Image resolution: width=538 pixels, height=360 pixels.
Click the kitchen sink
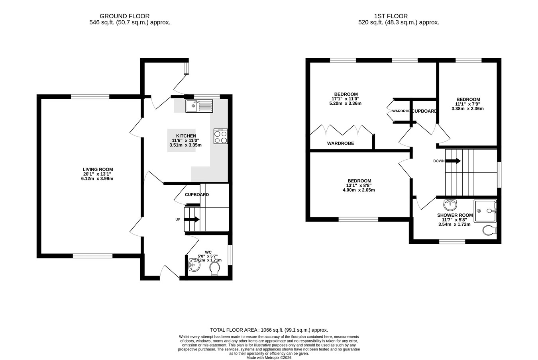199,106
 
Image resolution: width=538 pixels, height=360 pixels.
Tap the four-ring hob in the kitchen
220,136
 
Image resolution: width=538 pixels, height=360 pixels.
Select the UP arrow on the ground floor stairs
192,219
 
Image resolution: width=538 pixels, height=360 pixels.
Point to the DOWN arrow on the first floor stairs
453,161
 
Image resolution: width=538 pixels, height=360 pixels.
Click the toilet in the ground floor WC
215,268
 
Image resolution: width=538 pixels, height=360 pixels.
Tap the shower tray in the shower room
485,211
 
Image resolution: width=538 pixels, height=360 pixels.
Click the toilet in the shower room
489,231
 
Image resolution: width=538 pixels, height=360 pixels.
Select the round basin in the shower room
450,205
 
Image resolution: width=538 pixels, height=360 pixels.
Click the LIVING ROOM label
98,169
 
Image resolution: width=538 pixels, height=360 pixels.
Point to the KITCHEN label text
186,136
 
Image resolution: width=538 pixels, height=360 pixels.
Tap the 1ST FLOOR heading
391,16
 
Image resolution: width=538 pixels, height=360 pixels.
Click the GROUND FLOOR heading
124,16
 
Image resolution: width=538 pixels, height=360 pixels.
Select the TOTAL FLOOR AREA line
269,330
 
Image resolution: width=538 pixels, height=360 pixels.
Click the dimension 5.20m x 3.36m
346,104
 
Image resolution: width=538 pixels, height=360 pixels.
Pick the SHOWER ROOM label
455,215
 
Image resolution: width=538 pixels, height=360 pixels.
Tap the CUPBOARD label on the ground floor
197,195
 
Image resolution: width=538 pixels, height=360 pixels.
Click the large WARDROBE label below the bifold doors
341,143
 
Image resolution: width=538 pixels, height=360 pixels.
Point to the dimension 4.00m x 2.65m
359,190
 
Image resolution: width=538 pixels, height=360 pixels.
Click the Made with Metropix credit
269,358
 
